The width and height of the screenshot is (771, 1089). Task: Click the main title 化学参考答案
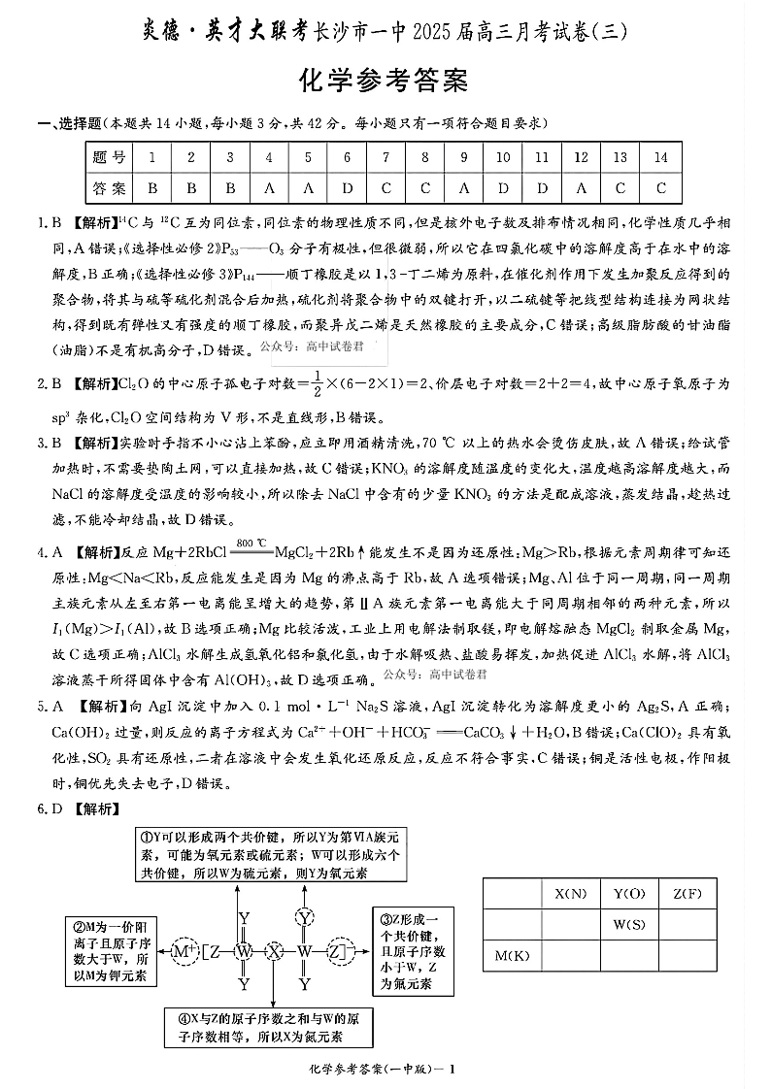(x=386, y=82)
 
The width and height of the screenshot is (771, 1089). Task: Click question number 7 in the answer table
(x=386, y=157)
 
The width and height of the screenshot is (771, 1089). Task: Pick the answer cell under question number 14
(x=660, y=187)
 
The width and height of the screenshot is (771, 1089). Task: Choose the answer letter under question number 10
(x=503, y=187)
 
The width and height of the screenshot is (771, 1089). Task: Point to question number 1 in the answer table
(x=152, y=157)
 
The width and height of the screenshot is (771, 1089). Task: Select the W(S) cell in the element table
(x=628, y=924)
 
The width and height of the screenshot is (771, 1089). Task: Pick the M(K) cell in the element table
(x=512, y=956)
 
